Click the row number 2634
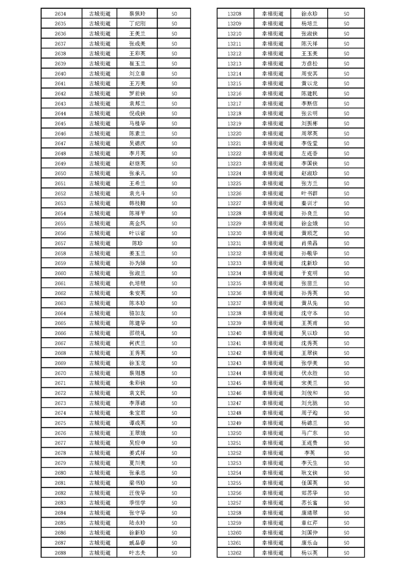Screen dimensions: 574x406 pos(60,14)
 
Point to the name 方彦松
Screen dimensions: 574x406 pos(310,63)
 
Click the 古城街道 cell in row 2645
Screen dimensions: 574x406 pos(99,123)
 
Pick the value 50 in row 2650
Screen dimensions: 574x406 pos(175,173)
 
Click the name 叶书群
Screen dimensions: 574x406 pos(310,193)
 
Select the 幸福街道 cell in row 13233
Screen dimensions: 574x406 pos(272,263)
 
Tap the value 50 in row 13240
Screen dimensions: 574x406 pos(347,333)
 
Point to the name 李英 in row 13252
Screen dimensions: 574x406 pos(310,453)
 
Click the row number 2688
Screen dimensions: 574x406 pos(60,553)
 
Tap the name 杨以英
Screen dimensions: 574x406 pos(310,553)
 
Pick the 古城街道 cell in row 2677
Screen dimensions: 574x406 pos(99,443)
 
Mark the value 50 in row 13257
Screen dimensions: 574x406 pos(347,502)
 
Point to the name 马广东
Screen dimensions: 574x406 pos(310,433)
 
